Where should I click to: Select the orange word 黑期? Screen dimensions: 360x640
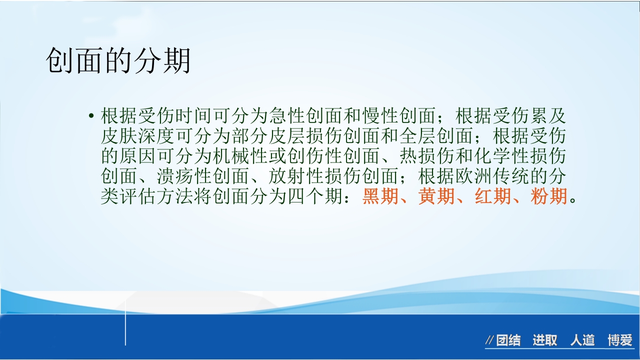(380, 196)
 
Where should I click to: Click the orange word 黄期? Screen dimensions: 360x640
(436, 196)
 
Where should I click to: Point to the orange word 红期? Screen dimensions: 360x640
(492, 196)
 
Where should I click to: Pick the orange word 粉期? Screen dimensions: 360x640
(548, 196)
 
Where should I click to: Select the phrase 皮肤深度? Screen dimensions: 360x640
(138, 136)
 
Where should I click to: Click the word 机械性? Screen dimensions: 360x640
(240, 156)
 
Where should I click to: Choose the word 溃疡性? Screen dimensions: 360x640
(184, 176)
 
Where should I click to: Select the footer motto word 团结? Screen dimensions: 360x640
(508, 341)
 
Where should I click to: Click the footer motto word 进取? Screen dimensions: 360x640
(544, 341)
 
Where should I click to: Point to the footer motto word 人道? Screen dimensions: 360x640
(582, 341)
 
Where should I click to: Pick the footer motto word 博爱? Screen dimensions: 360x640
(620, 341)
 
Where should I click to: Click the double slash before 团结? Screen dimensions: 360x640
(490, 341)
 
